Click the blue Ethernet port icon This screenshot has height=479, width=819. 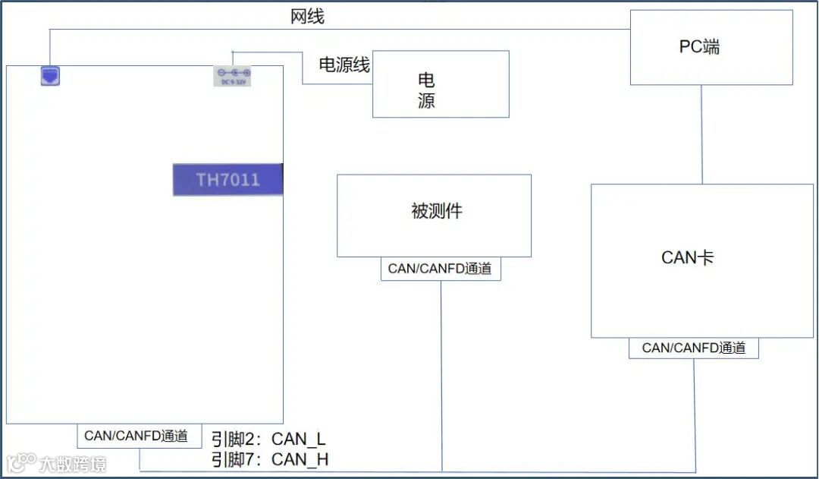coord(50,76)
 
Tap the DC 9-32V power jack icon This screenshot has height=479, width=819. coord(233,77)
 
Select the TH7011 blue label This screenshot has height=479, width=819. coord(227,180)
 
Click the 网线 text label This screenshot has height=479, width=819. coord(307,17)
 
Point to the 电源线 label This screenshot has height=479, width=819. coord(344,65)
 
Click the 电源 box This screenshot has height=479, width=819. coord(441,84)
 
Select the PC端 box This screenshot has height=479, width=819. coord(711,47)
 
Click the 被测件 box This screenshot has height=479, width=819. coord(434,216)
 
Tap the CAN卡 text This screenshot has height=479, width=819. coord(687,258)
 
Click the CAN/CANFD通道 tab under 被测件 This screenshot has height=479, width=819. coord(441,269)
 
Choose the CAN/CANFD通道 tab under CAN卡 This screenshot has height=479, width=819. coord(694,348)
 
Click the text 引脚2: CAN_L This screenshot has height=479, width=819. coord(268,439)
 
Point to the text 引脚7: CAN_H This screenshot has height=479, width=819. coord(269,459)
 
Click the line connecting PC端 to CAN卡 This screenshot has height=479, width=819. coord(701,134)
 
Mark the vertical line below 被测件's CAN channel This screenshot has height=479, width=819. coord(441,372)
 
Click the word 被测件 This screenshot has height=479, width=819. coord(436,212)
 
